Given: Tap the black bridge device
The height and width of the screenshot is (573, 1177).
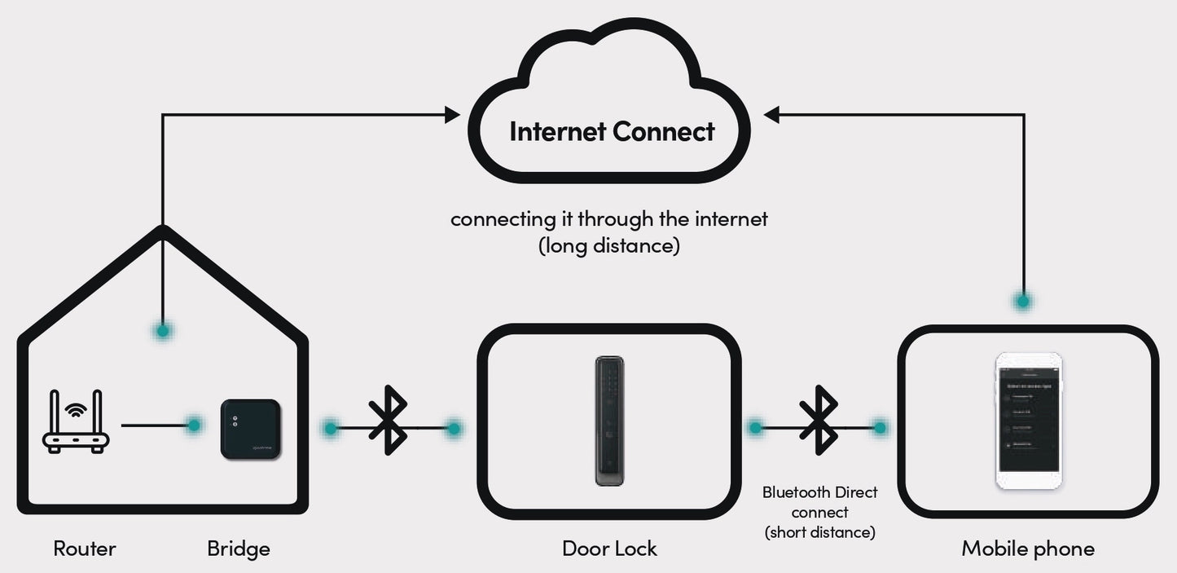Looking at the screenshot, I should (x=251, y=429).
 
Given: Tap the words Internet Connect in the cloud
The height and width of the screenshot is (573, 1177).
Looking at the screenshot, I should (x=612, y=131).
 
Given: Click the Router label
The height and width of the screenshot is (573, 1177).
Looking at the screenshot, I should (x=85, y=549).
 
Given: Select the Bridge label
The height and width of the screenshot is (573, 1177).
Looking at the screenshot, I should (x=238, y=549).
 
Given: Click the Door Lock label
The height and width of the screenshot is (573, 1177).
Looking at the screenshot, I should (x=609, y=549).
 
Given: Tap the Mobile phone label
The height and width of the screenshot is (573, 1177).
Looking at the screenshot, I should (x=1028, y=549).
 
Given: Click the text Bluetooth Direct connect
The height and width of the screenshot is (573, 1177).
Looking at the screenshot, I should (x=819, y=502).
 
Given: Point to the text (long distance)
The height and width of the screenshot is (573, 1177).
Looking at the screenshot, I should (x=609, y=245).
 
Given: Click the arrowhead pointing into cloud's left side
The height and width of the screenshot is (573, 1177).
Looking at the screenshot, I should (x=452, y=115).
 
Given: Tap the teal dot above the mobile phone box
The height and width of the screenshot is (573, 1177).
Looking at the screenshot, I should (x=1023, y=301).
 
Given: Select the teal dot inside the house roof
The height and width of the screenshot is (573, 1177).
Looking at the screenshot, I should (x=164, y=331).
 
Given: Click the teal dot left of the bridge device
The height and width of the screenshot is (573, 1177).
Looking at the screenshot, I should (x=194, y=425).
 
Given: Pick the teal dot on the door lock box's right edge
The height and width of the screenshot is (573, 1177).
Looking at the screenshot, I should (x=755, y=426).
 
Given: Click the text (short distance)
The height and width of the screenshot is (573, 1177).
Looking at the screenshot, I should (x=819, y=532).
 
